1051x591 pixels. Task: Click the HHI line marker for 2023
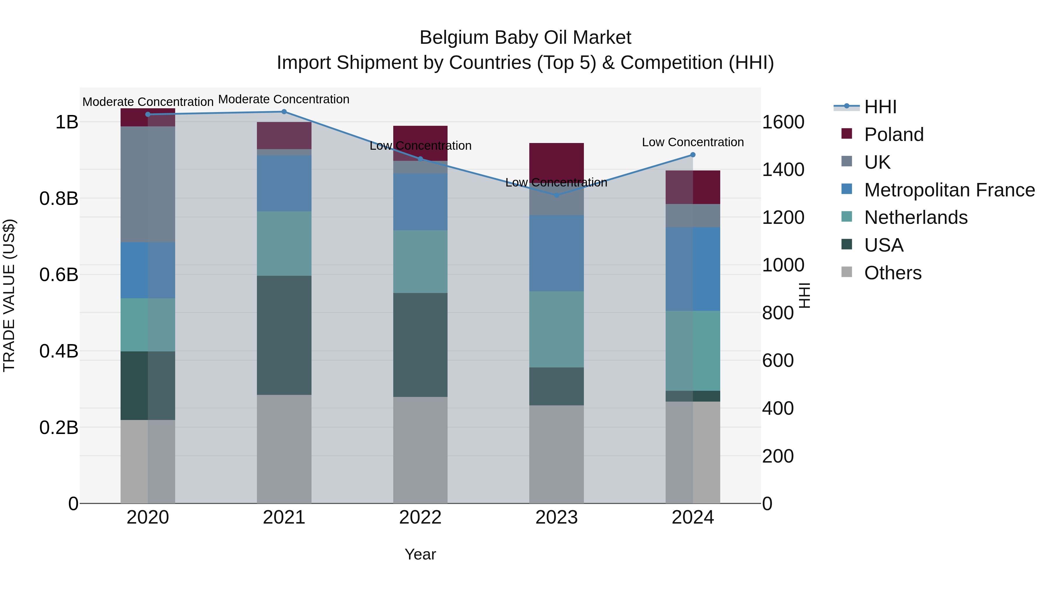pyautogui.click(x=556, y=195)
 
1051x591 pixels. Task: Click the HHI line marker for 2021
pyautogui.click(x=284, y=112)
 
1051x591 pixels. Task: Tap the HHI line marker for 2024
pyautogui.click(x=693, y=155)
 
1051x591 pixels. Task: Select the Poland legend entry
pyautogui.click(x=894, y=135)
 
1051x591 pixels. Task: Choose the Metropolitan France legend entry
pyautogui.click(x=949, y=190)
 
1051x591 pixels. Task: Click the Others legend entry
pyautogui.click(x=893, y=273)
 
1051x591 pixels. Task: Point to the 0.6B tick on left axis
pyautogui.click(x=59, y=275)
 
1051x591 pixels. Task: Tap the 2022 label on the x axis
pyautogui.click(x=420, y=517)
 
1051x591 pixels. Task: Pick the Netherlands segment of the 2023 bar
pyautogui.click(x=556, y=329)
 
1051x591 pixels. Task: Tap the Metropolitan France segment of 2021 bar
pyautogui.click(x=284, y=183)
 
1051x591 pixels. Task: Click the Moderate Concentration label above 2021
pyautogui.click(x=284, y=99)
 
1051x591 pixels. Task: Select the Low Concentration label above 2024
pyautogui.click(x=693, y=142)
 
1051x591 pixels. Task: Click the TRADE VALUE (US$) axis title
pyautogui.click(x=9, y=295)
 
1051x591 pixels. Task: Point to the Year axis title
pyautogui.click(x=420, y=554)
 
